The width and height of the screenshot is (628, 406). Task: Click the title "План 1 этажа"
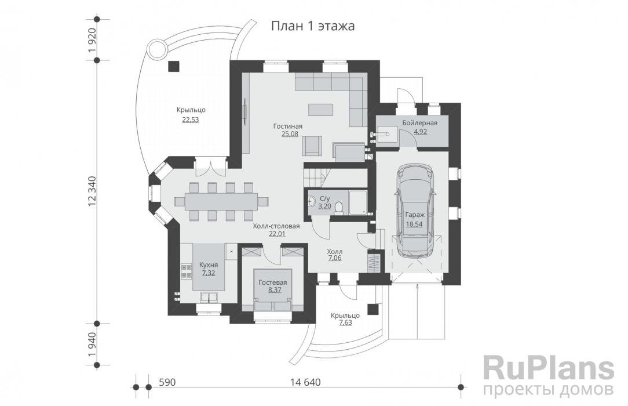pyautogui.click(x=313, y=26)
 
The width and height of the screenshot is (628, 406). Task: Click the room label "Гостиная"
pyautogui.click(x=289, y=126)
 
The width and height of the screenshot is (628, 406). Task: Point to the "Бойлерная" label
pyautogui.click(x=420, y=123)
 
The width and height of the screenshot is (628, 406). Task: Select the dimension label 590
pyautogui.click(x=167, y=382)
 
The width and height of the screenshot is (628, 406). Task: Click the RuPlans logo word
pyautogui.click(x=549, y=368)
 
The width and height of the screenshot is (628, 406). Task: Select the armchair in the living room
pyautogui.click(x=313, y=146)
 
